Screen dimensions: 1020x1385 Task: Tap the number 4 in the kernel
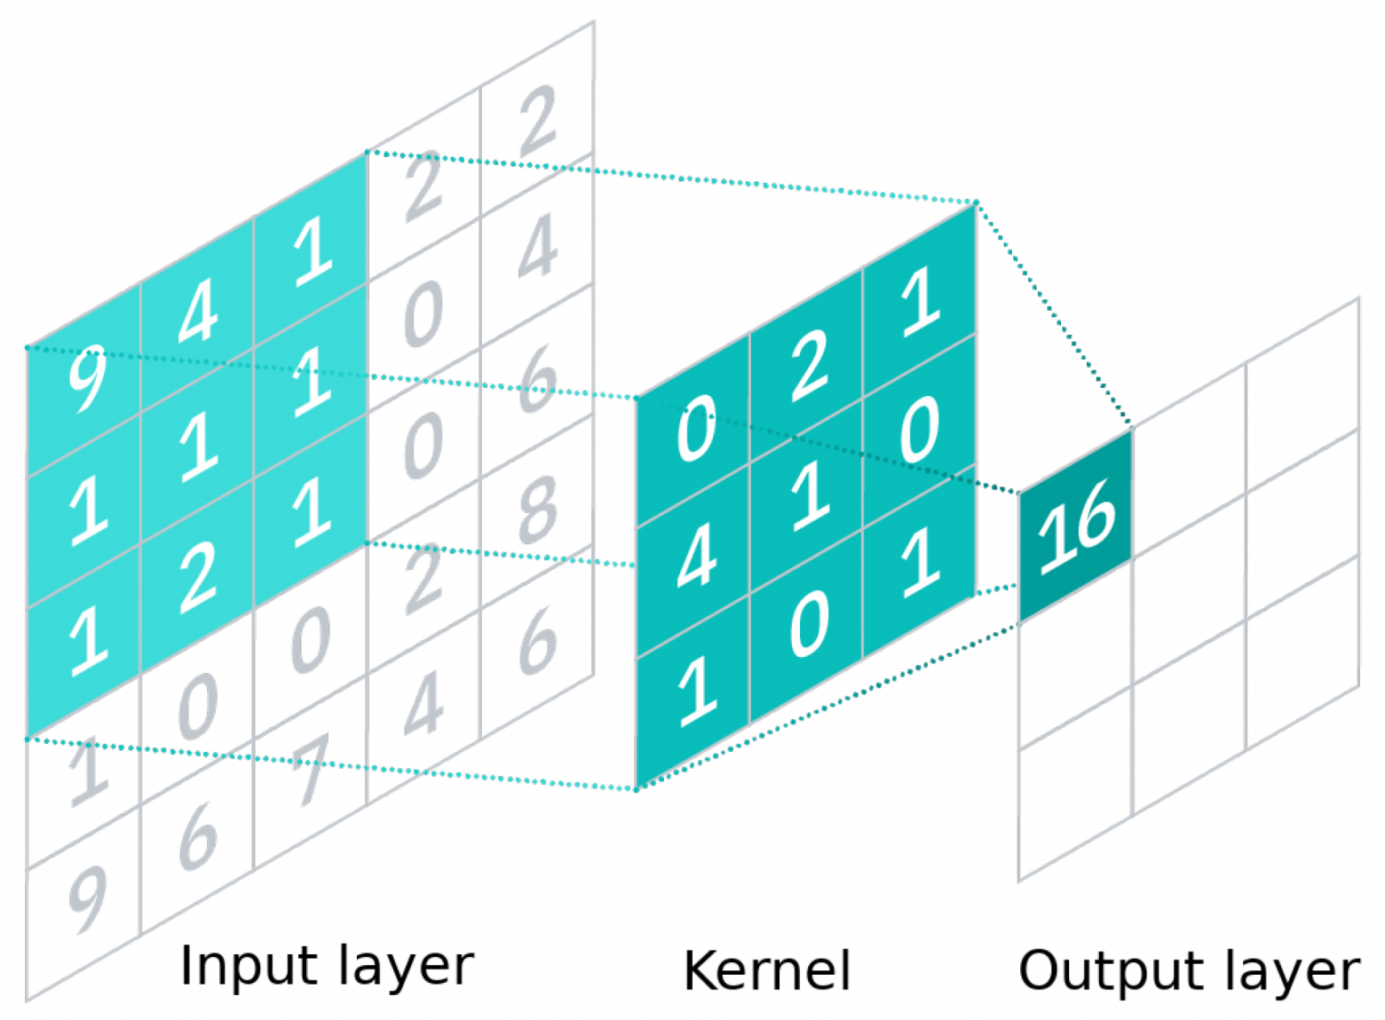click(x=696, y=559)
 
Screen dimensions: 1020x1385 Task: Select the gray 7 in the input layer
click(x=311, y=769)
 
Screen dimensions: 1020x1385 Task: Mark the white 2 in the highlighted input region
click(x=197, y=577)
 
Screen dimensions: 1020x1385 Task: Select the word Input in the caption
click(x=233, y=965)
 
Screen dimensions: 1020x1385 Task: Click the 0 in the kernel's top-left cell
click(x=696, y=430)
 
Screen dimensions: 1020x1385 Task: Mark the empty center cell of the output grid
click(x=1190, y=621)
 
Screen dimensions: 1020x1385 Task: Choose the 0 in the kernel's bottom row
click(x=808, y=625)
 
